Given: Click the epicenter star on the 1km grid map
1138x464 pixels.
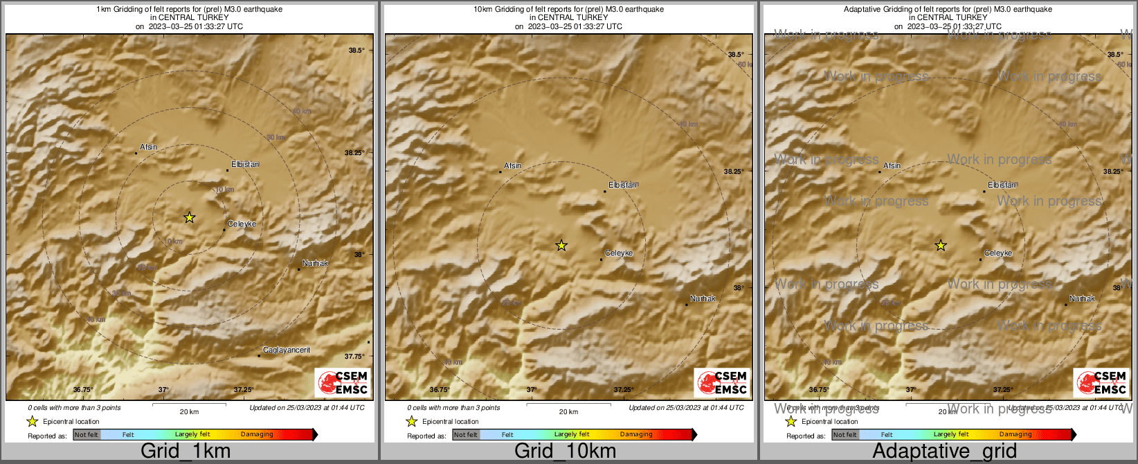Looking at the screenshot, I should pos(190,217).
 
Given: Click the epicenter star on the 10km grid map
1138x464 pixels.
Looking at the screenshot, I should pos(561,245).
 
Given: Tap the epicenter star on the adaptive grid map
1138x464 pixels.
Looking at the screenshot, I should pos(941,245).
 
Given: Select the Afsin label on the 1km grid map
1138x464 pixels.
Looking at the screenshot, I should pos(148,147).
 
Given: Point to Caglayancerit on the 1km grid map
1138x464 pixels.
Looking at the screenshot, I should pos(287,350).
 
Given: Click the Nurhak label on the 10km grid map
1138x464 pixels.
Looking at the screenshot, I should pos(703,298).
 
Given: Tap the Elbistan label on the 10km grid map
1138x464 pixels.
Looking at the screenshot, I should pos(622,185).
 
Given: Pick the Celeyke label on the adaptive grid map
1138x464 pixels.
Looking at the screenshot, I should pos(998,253).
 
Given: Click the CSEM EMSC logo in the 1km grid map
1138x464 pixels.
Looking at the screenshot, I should pos(343,382).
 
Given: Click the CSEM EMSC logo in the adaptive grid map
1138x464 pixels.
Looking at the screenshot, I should pos(1101,382).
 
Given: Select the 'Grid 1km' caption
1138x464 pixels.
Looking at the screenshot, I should pos(186,452).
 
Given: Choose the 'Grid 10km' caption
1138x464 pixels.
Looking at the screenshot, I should pos(565,452).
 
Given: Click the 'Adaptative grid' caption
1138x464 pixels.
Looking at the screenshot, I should pos(944,452).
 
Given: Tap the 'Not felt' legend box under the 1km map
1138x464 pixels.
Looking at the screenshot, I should pos(87,435).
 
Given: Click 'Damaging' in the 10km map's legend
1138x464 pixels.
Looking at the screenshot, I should pos(636,435).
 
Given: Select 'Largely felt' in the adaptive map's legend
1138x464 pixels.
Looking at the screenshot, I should pos(950,435).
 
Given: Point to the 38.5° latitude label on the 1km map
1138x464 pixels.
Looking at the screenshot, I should pos(356,51).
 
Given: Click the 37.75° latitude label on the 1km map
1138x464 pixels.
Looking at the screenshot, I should pos(354,356).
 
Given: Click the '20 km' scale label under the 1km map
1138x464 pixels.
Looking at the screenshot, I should pos(189,412).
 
